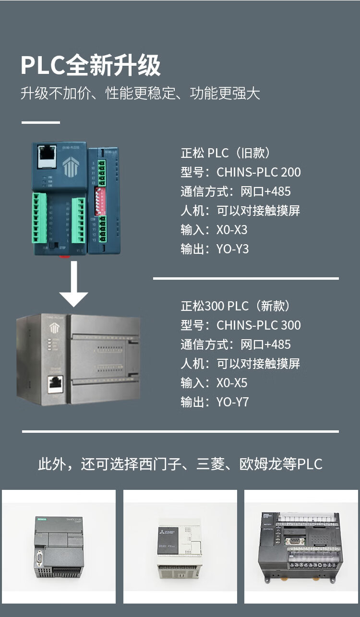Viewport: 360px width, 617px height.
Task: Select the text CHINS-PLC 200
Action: tap(259, 172)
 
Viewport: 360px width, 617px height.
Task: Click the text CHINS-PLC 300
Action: tap(259, 325)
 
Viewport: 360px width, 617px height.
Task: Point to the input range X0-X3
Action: tap(232, 230)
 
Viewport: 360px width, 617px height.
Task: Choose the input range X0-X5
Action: tap(232, 383)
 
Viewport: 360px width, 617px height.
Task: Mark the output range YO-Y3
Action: tap(233, 249)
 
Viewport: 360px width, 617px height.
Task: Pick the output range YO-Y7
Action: tap(233, 402)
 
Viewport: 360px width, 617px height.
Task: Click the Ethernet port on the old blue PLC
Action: tap(47, 156)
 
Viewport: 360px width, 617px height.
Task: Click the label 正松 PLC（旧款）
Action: tap(226, 153)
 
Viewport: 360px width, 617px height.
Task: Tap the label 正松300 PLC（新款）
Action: tap(235, 306)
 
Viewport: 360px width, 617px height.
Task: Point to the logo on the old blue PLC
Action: tap(70, 166)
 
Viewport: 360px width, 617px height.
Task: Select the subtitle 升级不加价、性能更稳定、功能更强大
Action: tap(140, 93)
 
